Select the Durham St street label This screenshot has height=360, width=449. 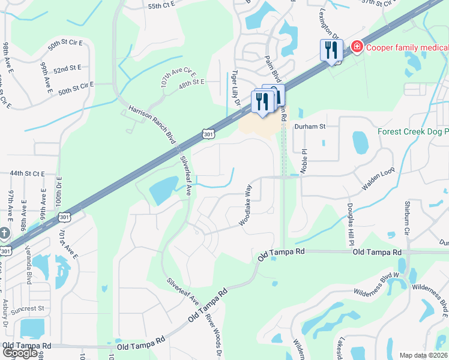click(x=309, y=127)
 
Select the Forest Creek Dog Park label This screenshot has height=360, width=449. click(x=413, y=132)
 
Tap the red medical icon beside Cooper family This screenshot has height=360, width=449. click(x=357, y=46)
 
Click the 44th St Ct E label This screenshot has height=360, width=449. click(x=28, y=173)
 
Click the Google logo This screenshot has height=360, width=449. click(x=20, y=353)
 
